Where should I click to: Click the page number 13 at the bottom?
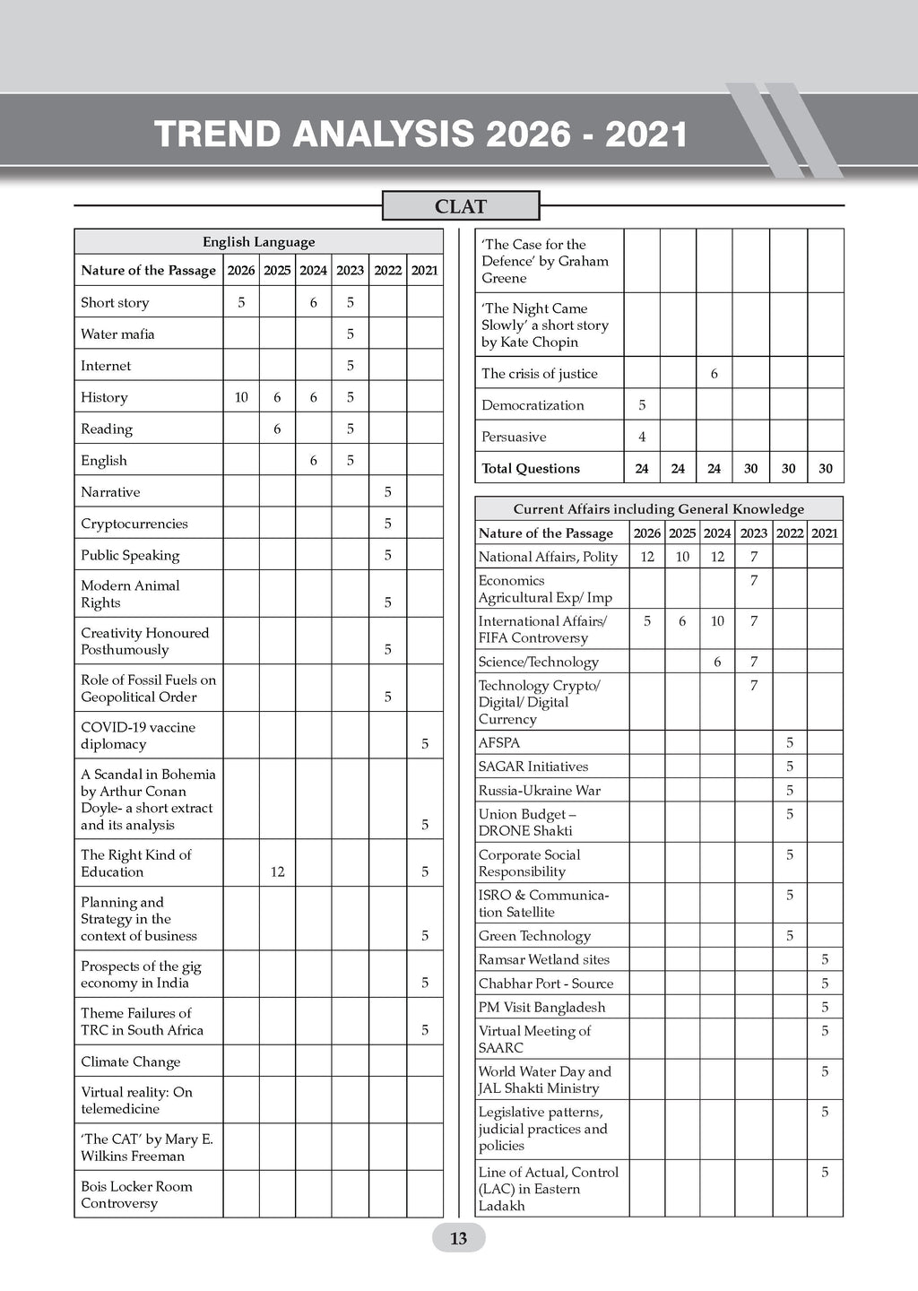(x=458, y=1239)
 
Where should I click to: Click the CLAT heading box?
(x=461, y=206)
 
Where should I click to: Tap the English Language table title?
(x=258, y=242)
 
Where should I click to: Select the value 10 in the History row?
(x=241, y=397)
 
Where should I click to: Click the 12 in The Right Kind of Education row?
(x=277, y=871)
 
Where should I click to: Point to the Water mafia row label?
(x=117, y=334)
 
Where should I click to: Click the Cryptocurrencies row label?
(x=134, y=524)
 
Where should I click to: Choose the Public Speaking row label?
(x=130, y=555)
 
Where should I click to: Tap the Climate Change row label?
(x=131, y=1061)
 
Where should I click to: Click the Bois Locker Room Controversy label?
(x=136, y=1194)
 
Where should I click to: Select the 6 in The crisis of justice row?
(x=714, y=374)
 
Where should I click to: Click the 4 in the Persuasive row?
(x=642, y=437)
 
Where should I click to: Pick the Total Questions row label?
(x=531, y=468)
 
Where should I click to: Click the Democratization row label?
(x=533, y=405)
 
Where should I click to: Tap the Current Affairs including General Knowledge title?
(x=658, y=509)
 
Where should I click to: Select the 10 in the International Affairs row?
(x=717, y=620)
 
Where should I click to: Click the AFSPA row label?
(x=499, y=742)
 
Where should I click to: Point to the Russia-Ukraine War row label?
(x=540, y=790)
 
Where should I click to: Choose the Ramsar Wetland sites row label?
(x=544, y=959)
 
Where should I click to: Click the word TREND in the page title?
(x=219, y=134)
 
